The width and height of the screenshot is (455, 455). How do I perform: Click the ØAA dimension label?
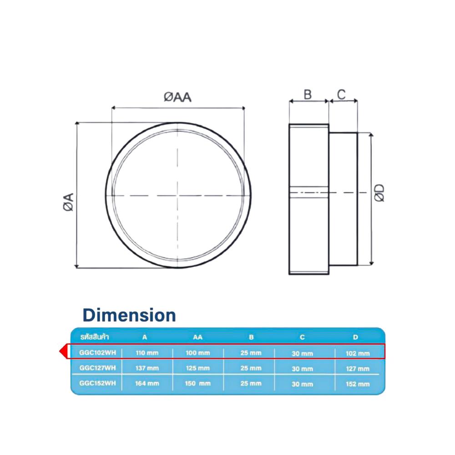(177, 97)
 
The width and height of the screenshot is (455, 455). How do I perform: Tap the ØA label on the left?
(69, 202)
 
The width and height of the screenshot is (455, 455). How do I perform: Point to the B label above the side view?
(308, 95)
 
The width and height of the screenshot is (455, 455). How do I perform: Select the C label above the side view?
(341, 94)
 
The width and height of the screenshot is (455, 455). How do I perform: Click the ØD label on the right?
(379, 192)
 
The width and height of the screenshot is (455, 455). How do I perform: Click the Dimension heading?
(129, 315)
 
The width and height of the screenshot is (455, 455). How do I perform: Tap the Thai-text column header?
(95, 337)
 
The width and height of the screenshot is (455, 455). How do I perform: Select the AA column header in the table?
(197, 337)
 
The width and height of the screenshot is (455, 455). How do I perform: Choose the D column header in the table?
(355, 337)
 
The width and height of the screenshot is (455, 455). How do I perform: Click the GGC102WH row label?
(97, 353)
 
